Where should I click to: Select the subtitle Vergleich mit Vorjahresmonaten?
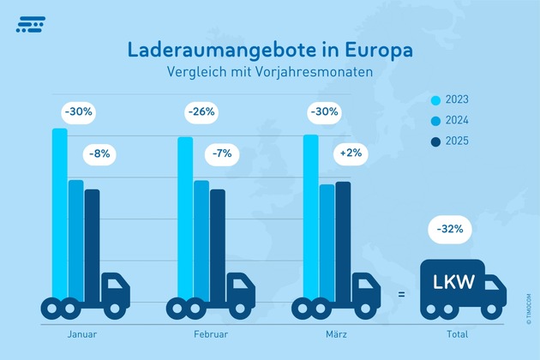270,73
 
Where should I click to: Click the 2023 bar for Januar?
59,214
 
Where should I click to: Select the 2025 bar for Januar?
92,244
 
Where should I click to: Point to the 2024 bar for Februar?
201,240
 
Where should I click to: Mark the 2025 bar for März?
343,240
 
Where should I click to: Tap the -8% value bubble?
100,155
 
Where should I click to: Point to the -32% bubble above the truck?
450,229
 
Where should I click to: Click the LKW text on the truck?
454,281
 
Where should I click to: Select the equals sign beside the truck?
400,295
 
